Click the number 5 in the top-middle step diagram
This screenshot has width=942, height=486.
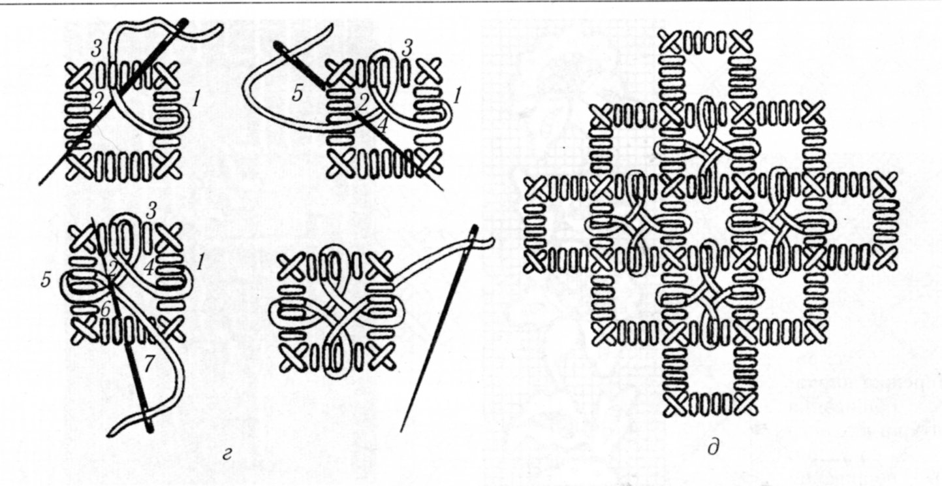pyautogui.click(x=297, y=93)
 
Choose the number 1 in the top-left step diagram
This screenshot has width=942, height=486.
pyautogui.click(x=196, y=99)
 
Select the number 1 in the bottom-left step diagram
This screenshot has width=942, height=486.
pyautogui.click(x=200, y=263)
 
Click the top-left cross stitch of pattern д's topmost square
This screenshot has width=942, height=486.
pyautogui.click(x=672, y=42)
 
